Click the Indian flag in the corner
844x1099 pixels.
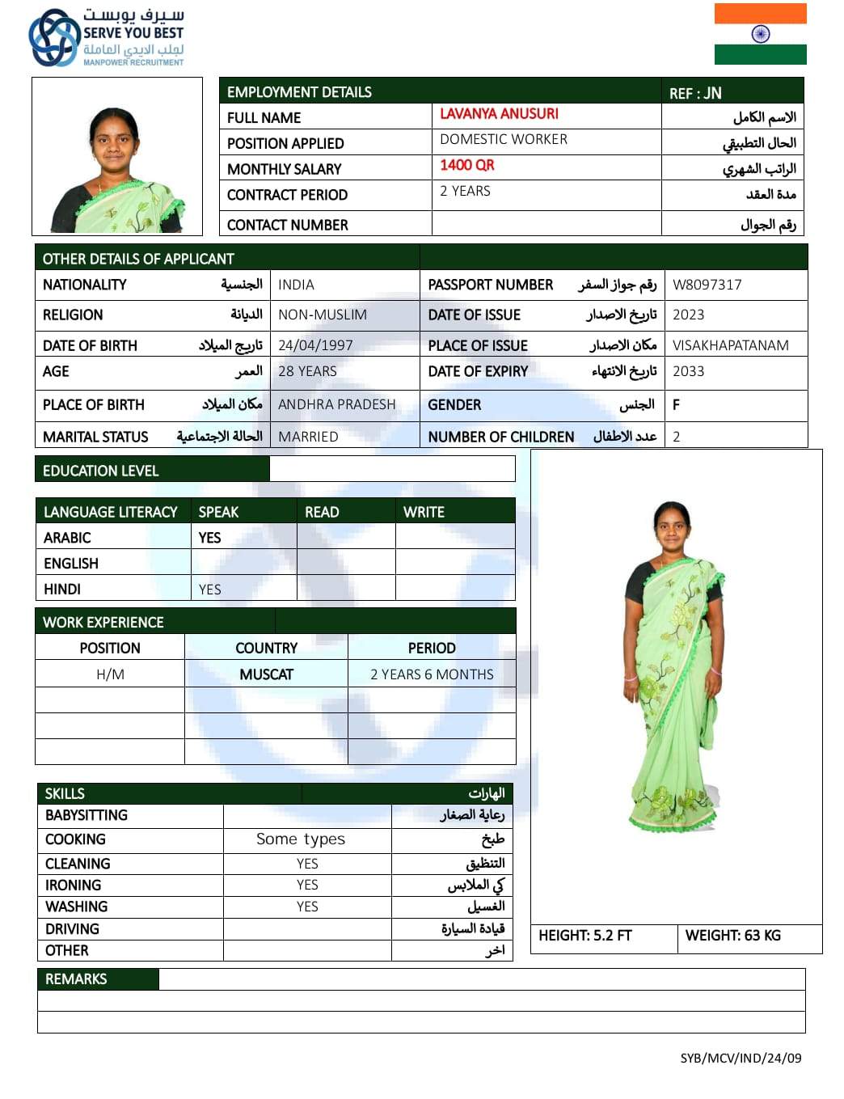coord(760,34)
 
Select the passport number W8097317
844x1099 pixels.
coord(707,285)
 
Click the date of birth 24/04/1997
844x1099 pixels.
coord(315,345)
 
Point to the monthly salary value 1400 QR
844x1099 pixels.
coord(467,165)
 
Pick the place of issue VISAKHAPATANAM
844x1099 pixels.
coord(730,345)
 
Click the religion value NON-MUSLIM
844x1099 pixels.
coord(323,315)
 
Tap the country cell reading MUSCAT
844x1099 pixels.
coord(266,674)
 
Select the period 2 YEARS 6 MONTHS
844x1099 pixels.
coord(432,674)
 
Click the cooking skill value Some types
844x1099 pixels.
coord(301,839)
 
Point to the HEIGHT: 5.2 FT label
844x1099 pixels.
coord(584,936)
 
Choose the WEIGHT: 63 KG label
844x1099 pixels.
coord(732,936)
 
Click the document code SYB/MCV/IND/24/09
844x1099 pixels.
coord(741,1058)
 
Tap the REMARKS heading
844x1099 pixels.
coord(76,979)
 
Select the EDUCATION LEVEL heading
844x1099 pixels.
coord(100,471)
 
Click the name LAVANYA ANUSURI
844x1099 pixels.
coord(499,114)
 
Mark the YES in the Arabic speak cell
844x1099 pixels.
coord(209,538)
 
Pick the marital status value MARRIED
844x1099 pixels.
coord(308,437)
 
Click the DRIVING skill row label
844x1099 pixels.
coord(72,929)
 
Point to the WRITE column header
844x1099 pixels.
coord(424,512)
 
